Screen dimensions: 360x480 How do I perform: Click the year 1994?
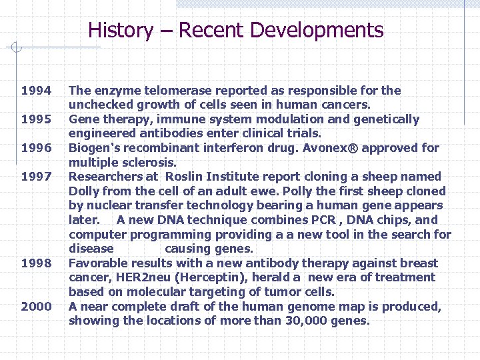click(x=36, y=91)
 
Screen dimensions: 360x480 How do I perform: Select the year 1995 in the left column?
click(x=36, y=119)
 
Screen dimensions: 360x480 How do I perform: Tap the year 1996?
click(x=36, y=148)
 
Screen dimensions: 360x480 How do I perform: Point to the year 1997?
click(x=36, y=177)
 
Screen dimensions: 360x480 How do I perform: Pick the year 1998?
click(x=36, y=263)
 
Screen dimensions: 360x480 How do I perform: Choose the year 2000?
click(x=36, y=307)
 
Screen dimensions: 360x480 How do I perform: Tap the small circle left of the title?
click(x=17, y=47)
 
